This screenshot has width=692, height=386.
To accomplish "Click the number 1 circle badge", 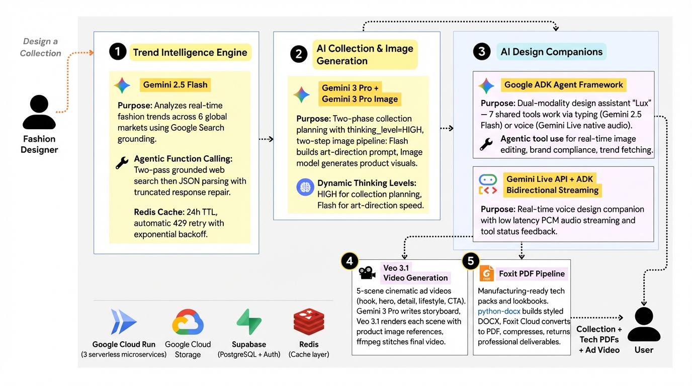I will (118, 52).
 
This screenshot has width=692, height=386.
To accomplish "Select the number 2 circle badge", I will (299, 54).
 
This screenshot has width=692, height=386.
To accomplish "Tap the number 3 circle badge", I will (482, 52).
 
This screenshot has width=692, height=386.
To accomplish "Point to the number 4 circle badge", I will (350, 261).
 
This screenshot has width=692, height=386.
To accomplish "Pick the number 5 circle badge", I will (470, 261).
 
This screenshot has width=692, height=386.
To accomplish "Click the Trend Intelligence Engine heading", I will (190, 52).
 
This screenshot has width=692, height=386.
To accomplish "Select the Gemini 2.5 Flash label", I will (175, 84).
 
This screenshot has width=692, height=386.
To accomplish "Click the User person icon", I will (644, 324).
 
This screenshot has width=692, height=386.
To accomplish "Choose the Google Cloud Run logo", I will (123, 322).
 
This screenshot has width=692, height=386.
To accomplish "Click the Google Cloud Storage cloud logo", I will (188, 322).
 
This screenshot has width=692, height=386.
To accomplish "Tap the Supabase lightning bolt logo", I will (249, 322).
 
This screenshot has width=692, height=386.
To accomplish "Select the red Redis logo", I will (309, 322).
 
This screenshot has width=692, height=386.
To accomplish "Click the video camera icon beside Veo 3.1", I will (367, 273).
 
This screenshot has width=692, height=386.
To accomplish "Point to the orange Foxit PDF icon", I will (486, 273).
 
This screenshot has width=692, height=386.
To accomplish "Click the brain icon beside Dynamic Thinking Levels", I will (305, 187).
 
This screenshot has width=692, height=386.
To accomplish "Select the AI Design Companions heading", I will (551, 52).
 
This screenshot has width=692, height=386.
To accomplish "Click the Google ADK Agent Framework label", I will (563, 84).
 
